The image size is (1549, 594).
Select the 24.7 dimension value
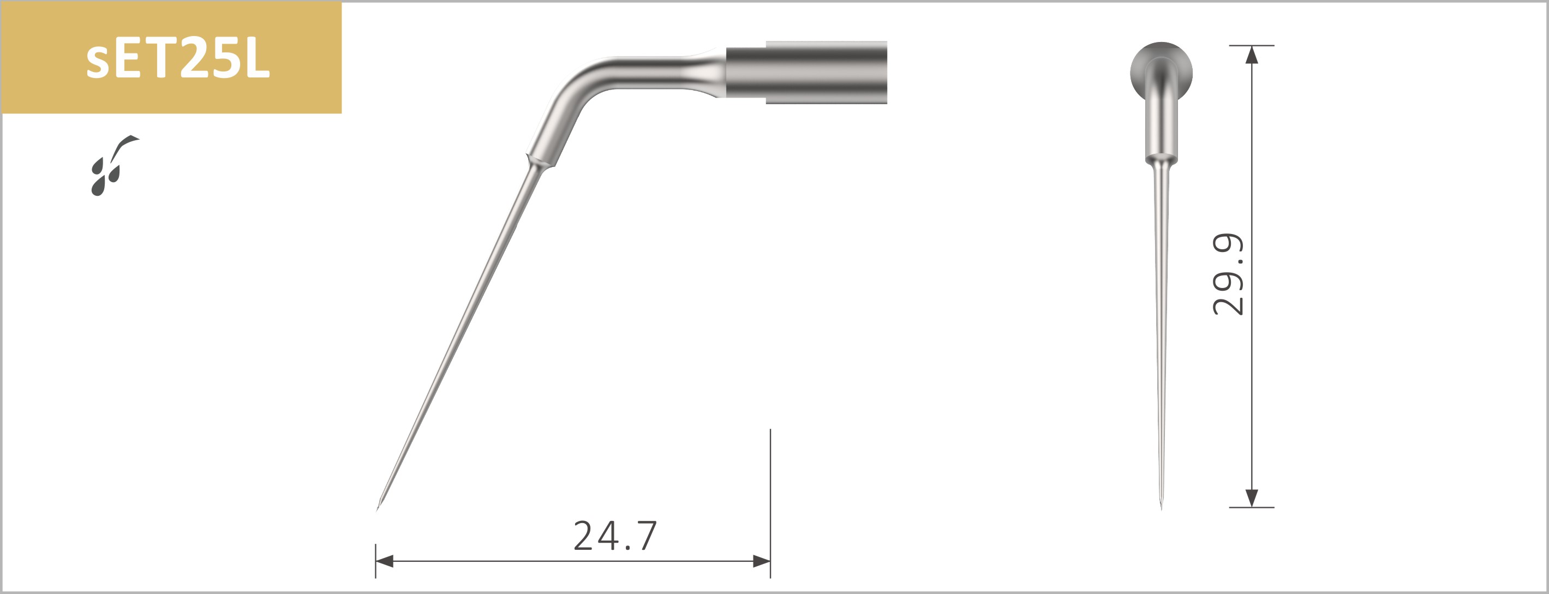coord(614,536)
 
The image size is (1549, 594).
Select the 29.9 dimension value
coord(1227,274)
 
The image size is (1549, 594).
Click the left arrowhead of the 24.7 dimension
coord(384,561)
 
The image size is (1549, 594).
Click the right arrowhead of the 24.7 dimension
coord(762,561)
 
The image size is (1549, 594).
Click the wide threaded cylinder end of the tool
coord(827,72)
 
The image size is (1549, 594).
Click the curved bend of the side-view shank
coord(577,90)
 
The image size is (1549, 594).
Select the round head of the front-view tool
coord(1161,66)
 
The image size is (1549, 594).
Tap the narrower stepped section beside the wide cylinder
coord(746,72)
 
